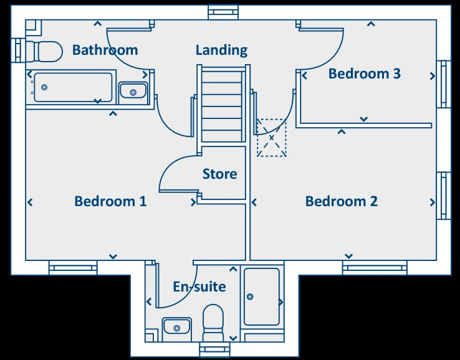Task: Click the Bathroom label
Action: (105, 50)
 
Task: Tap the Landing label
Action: (221, 50)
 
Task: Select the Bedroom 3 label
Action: (364, 73)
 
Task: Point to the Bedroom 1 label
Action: (110, 201)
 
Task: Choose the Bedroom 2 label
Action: (342, 201)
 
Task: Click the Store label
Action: (219, 174)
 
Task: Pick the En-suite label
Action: (199, 287)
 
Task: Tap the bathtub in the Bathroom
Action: (73, 87)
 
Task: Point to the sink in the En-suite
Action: (177, 326)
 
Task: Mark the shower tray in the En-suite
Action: (262, 296)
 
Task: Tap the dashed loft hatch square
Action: (272, 138)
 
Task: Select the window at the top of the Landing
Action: (223, 12)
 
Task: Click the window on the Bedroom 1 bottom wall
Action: (74, 268)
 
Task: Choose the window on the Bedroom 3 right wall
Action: (444, 84)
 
